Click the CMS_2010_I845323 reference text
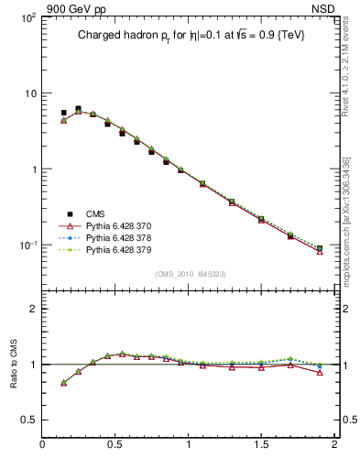[189, 273]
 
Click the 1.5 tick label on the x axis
[261, 445]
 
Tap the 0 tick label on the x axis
[43, 445]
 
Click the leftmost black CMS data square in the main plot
[63, 113]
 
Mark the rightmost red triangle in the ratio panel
[320, 372]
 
